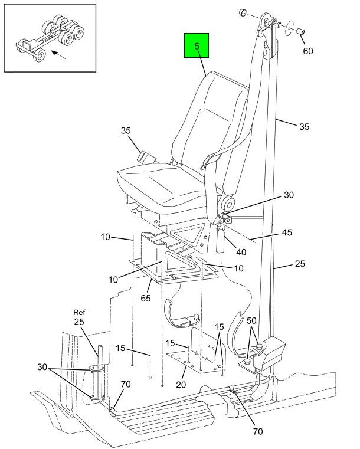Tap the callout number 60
click(x=308, y=51)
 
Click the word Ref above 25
click(x=80, y=312)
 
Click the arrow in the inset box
click(x=58, y=55)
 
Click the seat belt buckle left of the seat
click(x=145, y=158)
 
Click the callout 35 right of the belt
click(x=304, y=126)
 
